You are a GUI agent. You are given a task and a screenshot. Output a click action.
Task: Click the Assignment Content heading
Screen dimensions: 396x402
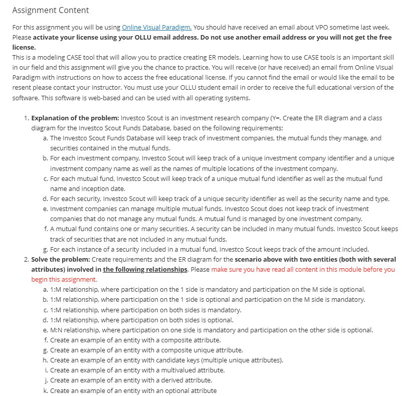click(x=51, y=10)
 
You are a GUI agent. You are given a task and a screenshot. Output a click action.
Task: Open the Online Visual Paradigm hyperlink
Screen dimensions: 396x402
click(x=157, y=27)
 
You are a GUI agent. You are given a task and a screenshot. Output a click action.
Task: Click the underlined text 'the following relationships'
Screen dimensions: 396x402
click(x=145, y=269)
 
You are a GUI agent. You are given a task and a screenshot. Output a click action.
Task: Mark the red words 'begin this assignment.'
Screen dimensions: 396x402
click(x=64, y=279)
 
